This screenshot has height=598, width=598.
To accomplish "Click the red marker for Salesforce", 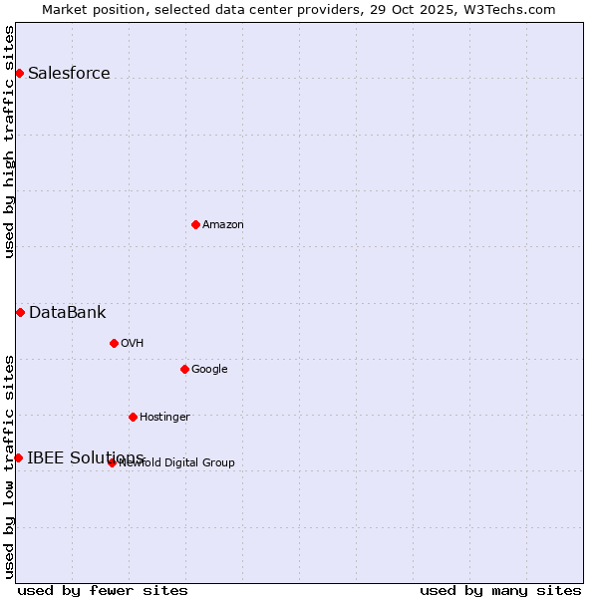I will click(x=19, y=73).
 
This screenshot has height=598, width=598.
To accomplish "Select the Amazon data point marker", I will click(x=195, y=224).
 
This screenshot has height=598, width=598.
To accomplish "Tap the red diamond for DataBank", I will click(x=20, y=312).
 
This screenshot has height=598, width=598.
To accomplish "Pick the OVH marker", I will click(x=114, y=343).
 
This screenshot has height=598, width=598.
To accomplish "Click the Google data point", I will click(x=184, y=369).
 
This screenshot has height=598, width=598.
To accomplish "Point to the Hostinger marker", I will click(x=133, y=417).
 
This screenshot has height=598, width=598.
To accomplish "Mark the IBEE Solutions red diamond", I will click(x=18, y=457).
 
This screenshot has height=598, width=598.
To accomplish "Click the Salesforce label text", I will click(x=69, y=73).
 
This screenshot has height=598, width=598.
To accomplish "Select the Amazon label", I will click(x=223, y=224).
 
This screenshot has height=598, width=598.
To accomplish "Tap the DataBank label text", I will click(x=67, y=312).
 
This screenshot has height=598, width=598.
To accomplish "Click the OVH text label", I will click(x=133, y=343).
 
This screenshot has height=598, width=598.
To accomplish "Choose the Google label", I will click(x=209, y=369).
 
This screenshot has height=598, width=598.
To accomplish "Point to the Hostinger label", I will click(x=164, y=417).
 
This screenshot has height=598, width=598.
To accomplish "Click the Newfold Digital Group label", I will click(x=177, y=462).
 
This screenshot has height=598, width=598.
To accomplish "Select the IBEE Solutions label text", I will click(x=86, y=457).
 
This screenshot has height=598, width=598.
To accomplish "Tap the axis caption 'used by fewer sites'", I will click(x=103, y=590).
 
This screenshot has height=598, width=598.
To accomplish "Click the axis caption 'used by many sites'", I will click(x=500, y=590).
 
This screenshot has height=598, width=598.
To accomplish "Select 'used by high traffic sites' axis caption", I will click(x=9, y=141).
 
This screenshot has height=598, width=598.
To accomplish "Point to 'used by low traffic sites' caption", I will click(x=9, y=466).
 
